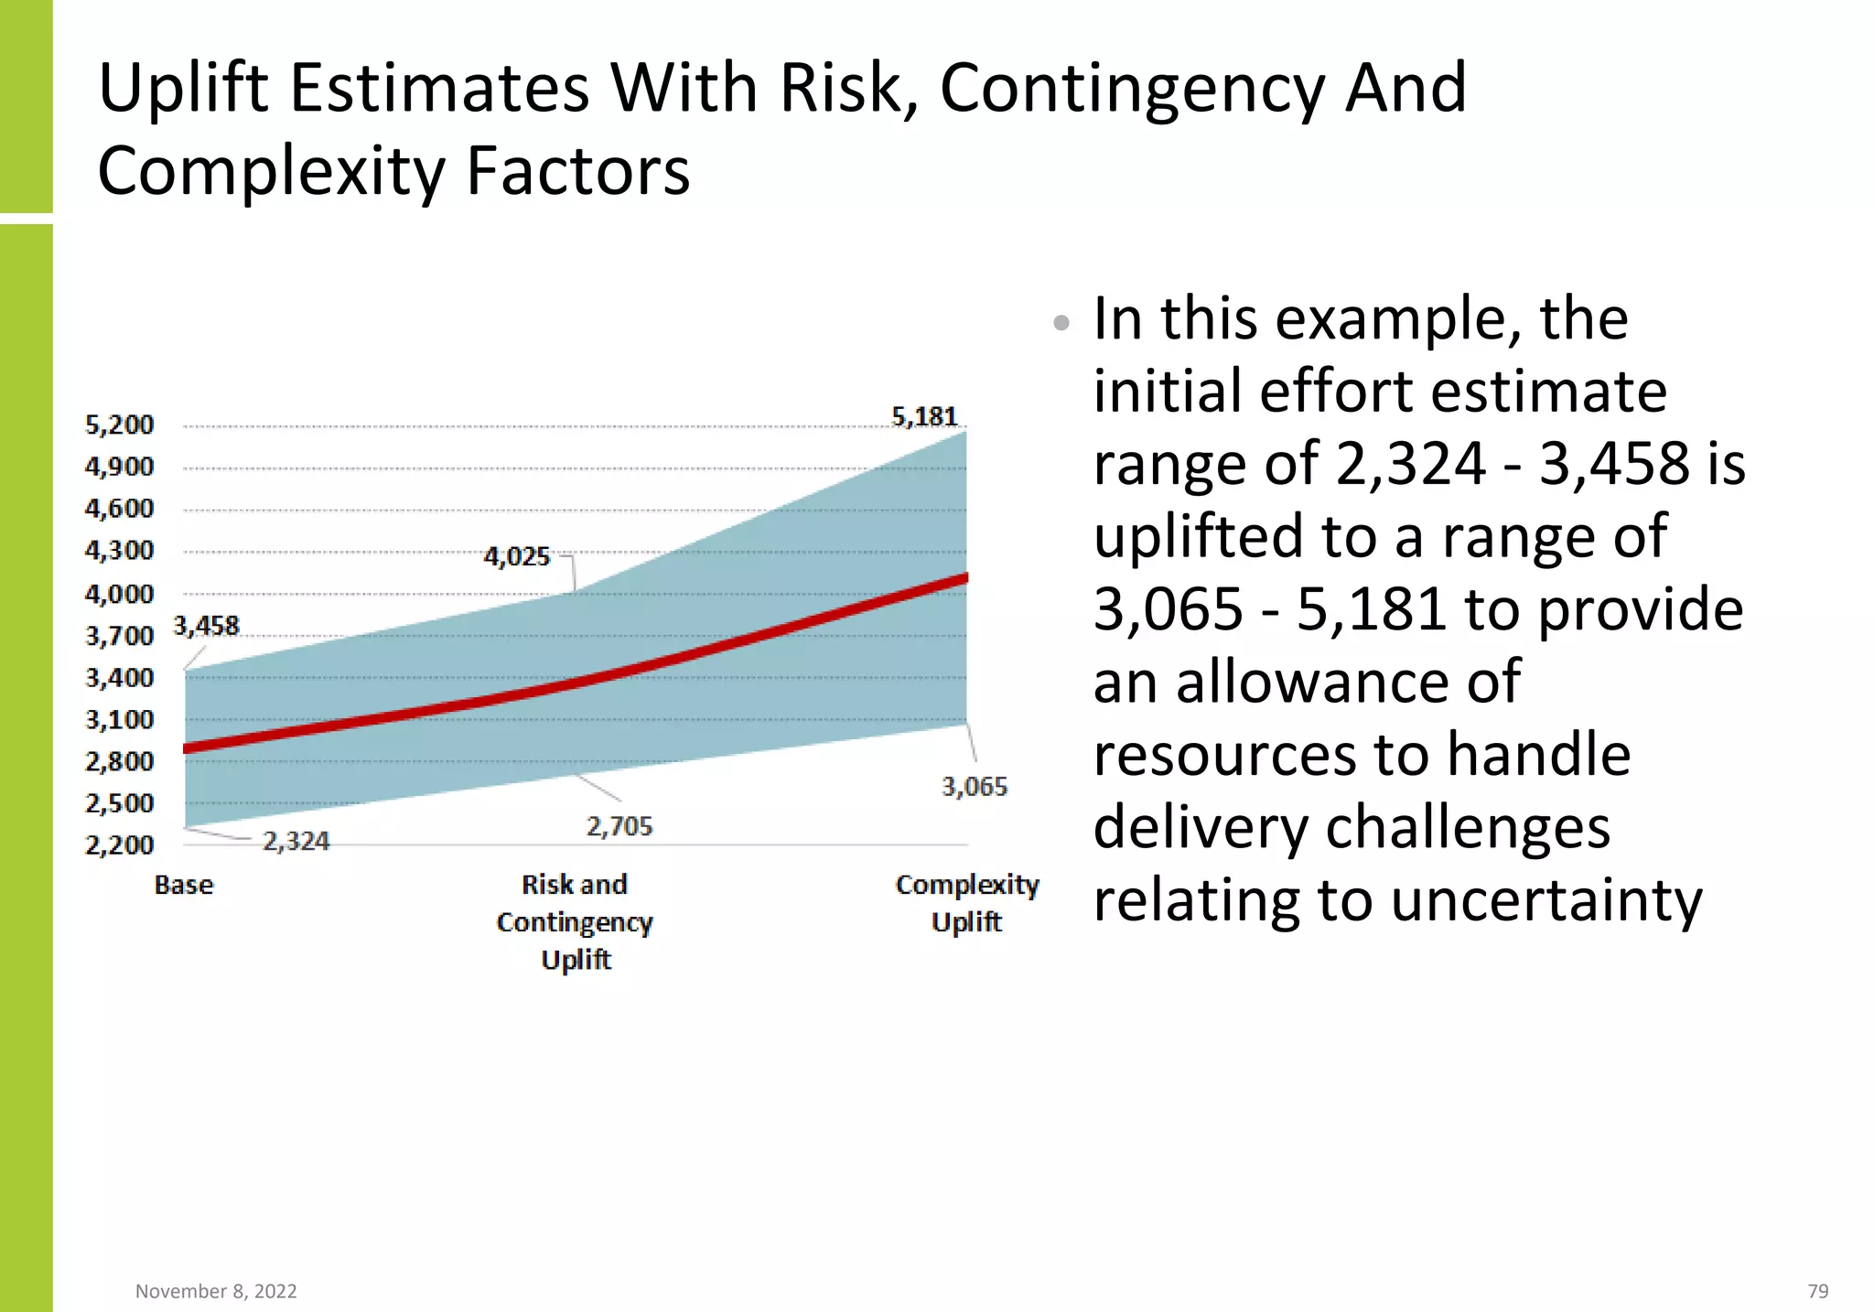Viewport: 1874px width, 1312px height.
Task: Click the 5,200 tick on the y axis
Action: [119, 425]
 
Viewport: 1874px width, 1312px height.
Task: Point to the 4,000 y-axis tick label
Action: [119, 595]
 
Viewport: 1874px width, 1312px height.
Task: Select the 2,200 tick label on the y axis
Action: [119, 845]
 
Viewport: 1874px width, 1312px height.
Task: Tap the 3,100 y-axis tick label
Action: [119, 720]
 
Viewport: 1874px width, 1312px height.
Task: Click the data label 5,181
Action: [924, 417]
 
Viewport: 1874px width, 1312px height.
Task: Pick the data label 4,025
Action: [517, 557]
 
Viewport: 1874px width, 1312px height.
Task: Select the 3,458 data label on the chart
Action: [206, 627]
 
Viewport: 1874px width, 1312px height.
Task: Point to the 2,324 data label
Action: [296, 842]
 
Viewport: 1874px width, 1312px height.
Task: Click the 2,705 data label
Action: [619, 827]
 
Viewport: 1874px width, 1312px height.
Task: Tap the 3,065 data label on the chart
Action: [975, 787]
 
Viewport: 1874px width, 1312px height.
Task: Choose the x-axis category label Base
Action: [184, 886]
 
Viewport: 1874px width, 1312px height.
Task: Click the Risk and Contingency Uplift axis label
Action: [575, 922]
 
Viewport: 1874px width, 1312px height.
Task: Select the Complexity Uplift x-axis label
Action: [967, 903]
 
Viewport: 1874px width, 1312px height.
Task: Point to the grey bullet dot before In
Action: [1061, 322]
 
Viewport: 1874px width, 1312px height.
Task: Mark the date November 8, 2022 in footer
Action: [216, 1291]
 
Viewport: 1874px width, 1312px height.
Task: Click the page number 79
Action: [1817, 1291]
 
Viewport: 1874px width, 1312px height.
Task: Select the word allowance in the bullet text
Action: [1348, 683]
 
